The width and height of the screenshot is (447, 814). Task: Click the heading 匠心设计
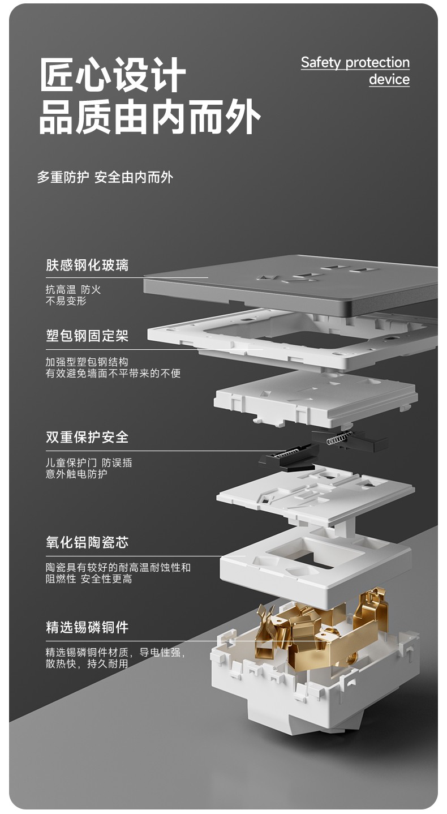tap(113, 75)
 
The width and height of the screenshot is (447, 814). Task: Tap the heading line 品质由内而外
tap(149, 117)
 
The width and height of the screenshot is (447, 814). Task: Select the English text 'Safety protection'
tap(355, 62)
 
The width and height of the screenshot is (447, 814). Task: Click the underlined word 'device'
tap(389, 79)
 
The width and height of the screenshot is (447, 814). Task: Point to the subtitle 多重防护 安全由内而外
tap(105, 177)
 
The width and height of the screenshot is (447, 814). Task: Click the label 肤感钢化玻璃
tap(87, 265)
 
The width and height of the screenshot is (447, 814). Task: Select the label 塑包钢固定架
tap(87, 336)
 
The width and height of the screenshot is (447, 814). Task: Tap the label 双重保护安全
tap(87, 437)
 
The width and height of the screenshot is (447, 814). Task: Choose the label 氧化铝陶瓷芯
tap(87, 542)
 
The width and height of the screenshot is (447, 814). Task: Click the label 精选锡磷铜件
tap(87, 627)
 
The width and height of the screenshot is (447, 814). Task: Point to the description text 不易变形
tap(66, 301)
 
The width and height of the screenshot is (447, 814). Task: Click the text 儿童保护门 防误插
tap(89, 462)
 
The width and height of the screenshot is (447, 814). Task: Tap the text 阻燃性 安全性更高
tap(89, 579)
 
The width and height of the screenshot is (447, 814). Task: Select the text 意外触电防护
tap(76, 474)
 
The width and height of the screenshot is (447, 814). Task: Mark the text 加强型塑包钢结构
tap(87, 362)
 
